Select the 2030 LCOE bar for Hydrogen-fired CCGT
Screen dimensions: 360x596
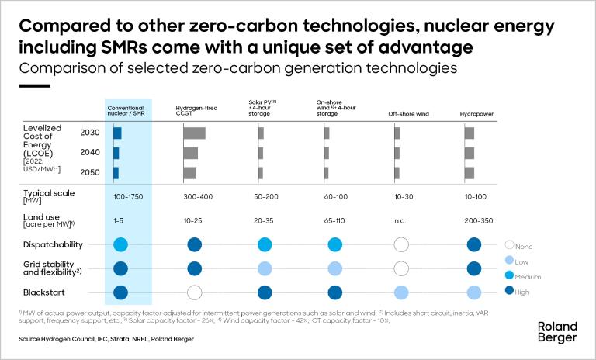(x=194, y=133)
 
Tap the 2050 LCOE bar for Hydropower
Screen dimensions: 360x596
(x=469, y=172)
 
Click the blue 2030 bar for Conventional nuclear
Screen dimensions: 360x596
(x=117, y=133)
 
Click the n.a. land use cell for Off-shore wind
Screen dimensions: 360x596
(x=400, y=220)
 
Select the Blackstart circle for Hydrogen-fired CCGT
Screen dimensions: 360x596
(x=195, y=292)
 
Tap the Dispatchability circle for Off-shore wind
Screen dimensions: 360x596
(x=401, y=244)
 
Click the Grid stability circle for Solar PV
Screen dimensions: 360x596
(x=263, y=269)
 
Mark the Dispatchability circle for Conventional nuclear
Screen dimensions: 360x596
(x=120, y=244)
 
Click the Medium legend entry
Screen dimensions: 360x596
(x=525, y=276)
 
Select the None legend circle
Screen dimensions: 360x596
(x=510, y=244)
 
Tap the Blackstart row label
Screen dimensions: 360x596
(x=43, y=292)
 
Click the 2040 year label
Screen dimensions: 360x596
(x=89, y=152)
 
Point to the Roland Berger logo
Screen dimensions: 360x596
(x=557, y=333)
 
